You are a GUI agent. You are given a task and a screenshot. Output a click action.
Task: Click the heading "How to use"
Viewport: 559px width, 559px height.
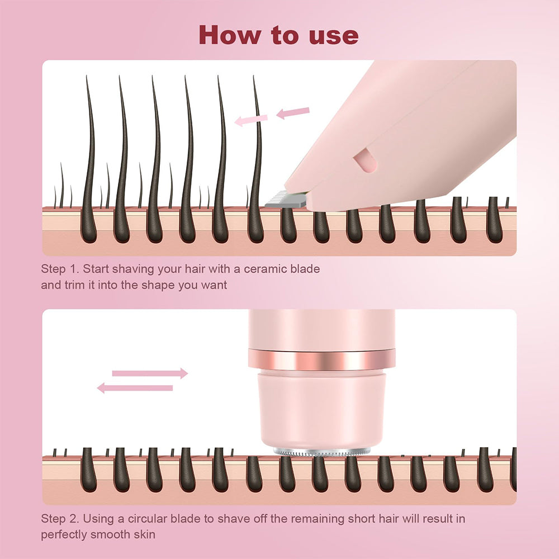(x=278, y=35)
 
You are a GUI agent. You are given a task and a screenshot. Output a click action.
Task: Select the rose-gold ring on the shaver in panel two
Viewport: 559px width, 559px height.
(x=321, y=359)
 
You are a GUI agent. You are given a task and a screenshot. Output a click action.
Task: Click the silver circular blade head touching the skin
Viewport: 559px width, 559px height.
(x=321, y=451)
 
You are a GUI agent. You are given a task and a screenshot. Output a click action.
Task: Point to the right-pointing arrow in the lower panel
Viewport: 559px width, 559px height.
(x=150, y=373)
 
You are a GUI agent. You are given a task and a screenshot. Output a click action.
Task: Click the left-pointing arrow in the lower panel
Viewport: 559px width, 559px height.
(x=135, y=387)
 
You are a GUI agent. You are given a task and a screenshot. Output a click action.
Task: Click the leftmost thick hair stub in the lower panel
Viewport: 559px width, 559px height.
(x=89, y=470)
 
